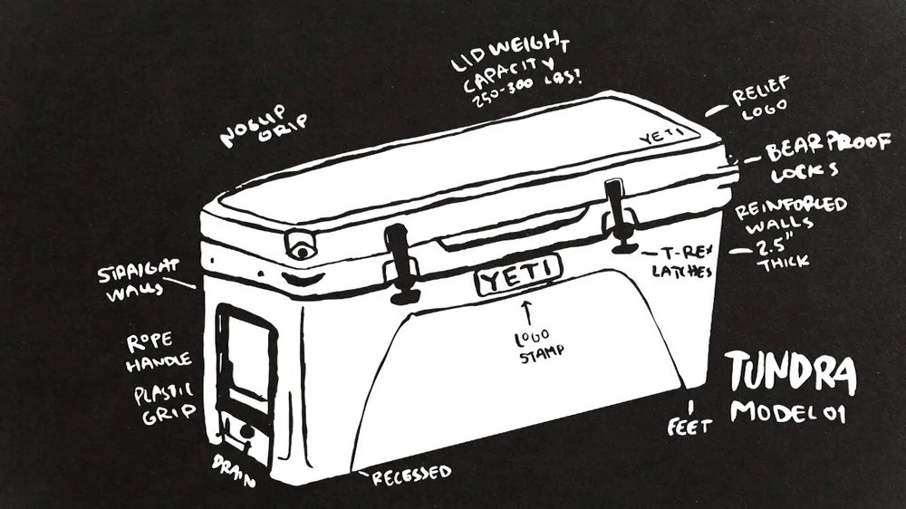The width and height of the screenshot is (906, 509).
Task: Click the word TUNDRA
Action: (x=790, y=373)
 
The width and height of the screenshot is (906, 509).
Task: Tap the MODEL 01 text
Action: (x=787, y=412)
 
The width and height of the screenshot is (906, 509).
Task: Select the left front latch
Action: (x=399, y=262)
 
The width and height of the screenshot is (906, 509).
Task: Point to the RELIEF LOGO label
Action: (x=760, y=97)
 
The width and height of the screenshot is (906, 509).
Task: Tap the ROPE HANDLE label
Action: (x=159, y=350)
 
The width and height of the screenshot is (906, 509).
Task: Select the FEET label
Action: (x=689, y=425)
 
